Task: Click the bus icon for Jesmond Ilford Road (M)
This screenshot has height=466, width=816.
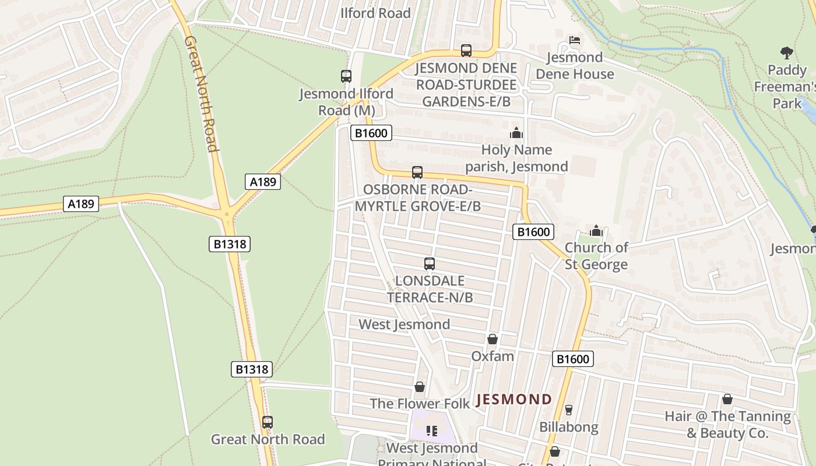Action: coord(346,76)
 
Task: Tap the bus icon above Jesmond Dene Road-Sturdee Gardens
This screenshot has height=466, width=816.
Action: coord(466,51)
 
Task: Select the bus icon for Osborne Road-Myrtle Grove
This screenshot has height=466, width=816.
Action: coord(417,172)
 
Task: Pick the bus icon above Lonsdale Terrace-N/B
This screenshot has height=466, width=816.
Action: coord(430,264)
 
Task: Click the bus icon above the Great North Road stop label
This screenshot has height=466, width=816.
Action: coord(268,422)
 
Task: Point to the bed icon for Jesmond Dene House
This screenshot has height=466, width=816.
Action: coord(575,40)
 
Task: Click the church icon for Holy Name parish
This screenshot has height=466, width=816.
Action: coord(516,133)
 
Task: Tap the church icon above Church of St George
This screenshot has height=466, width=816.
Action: coord(596,231)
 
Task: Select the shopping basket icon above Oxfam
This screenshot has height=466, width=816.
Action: coord(493,339)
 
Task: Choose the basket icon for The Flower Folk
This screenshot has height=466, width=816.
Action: coord(420,387)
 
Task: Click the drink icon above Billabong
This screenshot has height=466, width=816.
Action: coord(569,410)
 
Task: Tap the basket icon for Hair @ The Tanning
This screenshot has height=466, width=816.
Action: coord(727,399)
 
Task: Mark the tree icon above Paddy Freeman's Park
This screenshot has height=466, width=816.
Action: coord(786,53)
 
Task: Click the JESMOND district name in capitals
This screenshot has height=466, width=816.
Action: coord(514,400)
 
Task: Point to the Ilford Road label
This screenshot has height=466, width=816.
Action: coord(375,13)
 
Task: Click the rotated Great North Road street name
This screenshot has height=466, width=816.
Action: coord(202,93)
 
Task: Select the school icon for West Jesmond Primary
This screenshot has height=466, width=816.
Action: coord(432,431)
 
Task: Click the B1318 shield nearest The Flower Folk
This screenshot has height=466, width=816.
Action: coord(252,369)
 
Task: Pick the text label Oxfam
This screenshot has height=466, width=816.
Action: coord(493,356)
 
